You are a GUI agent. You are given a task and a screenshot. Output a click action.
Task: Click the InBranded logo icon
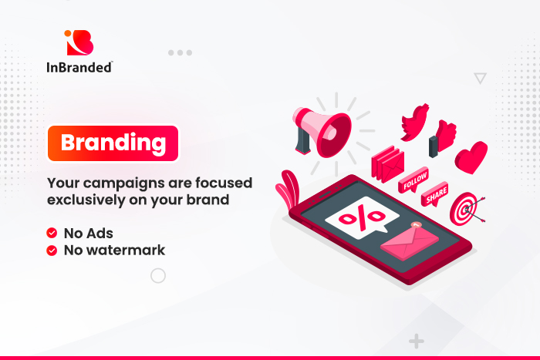click(79, 42)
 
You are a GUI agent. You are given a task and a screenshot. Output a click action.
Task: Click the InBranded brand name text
click(79, 67)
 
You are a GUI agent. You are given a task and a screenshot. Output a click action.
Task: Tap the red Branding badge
click(113, 143)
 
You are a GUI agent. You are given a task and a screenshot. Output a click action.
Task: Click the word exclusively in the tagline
click(86, 200)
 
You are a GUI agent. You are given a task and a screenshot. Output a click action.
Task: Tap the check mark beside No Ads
click(52, 233)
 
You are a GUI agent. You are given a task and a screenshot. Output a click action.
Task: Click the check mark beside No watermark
click(52, 251)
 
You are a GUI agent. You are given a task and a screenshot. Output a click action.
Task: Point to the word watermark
click(126, 251)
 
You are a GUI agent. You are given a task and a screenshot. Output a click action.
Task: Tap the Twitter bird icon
click(415, 123)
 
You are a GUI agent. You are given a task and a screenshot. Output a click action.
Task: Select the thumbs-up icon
click(443, 138)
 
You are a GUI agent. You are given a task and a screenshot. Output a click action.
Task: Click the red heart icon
click(471, 157)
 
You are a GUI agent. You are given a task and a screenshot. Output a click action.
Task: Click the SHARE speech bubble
click(435, 194)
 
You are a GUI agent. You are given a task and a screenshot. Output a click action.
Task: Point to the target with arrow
click(466, 209)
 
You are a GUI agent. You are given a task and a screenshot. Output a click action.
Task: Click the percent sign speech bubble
click(362, 217)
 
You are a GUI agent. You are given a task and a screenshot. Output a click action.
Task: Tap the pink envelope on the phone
click(410, 241)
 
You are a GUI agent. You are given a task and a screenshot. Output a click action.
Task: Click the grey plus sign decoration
click(417, 341)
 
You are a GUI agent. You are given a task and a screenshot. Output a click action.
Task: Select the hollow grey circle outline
click(158, 268)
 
